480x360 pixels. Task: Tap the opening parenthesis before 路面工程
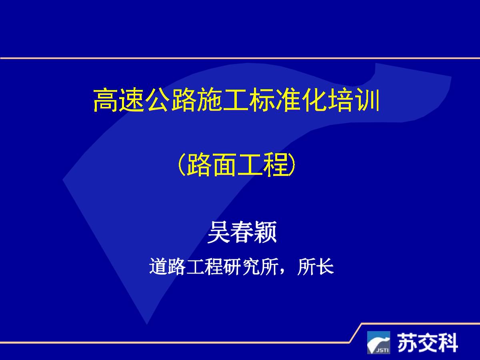click(180, 166)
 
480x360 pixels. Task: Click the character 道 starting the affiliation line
click(158, 267)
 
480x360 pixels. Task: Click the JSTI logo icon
click(378, 342)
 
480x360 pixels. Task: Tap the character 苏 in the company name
click(406, 342)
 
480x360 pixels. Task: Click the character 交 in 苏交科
click(427, 342)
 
